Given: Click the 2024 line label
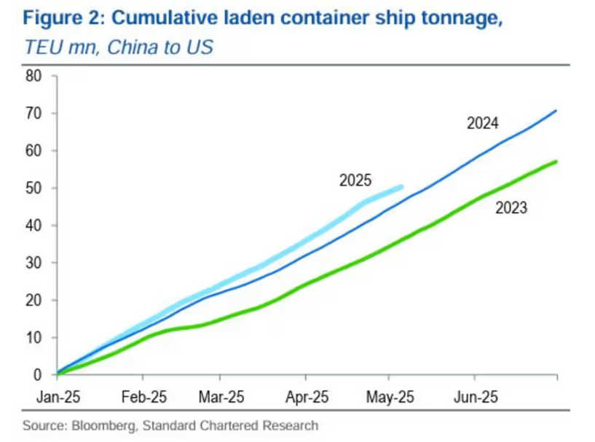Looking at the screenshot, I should [482, 124].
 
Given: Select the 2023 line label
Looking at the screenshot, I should [511, 208].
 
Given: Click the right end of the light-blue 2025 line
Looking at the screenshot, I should [401, 187].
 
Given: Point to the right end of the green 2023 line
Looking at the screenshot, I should [557, 161].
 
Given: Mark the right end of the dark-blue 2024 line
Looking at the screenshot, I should [556, 111].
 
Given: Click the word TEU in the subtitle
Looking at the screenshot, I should [41, 47].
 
